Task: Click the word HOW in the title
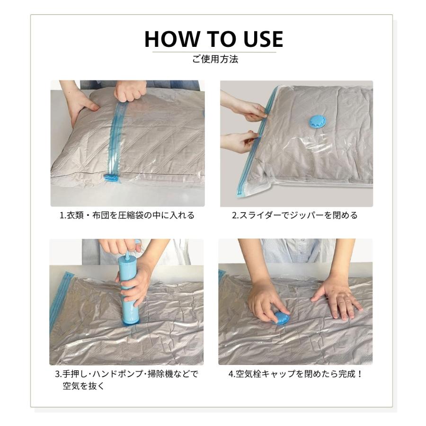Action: pyautogui.click(x=172, y=39)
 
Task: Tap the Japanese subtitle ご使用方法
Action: pyautogui.click(x=215, y=59)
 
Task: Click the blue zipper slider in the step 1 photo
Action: pyautogui.click(x=111, y=177)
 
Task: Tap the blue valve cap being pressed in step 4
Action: pyautogui.click(x=281, y=319)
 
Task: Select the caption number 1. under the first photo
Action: pyautogui.click(x=63, y=215)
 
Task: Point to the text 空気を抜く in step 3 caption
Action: pyautogui.click(x=84, y=386)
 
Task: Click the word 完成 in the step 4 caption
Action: pyautogui.click(x=346, y=374)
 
